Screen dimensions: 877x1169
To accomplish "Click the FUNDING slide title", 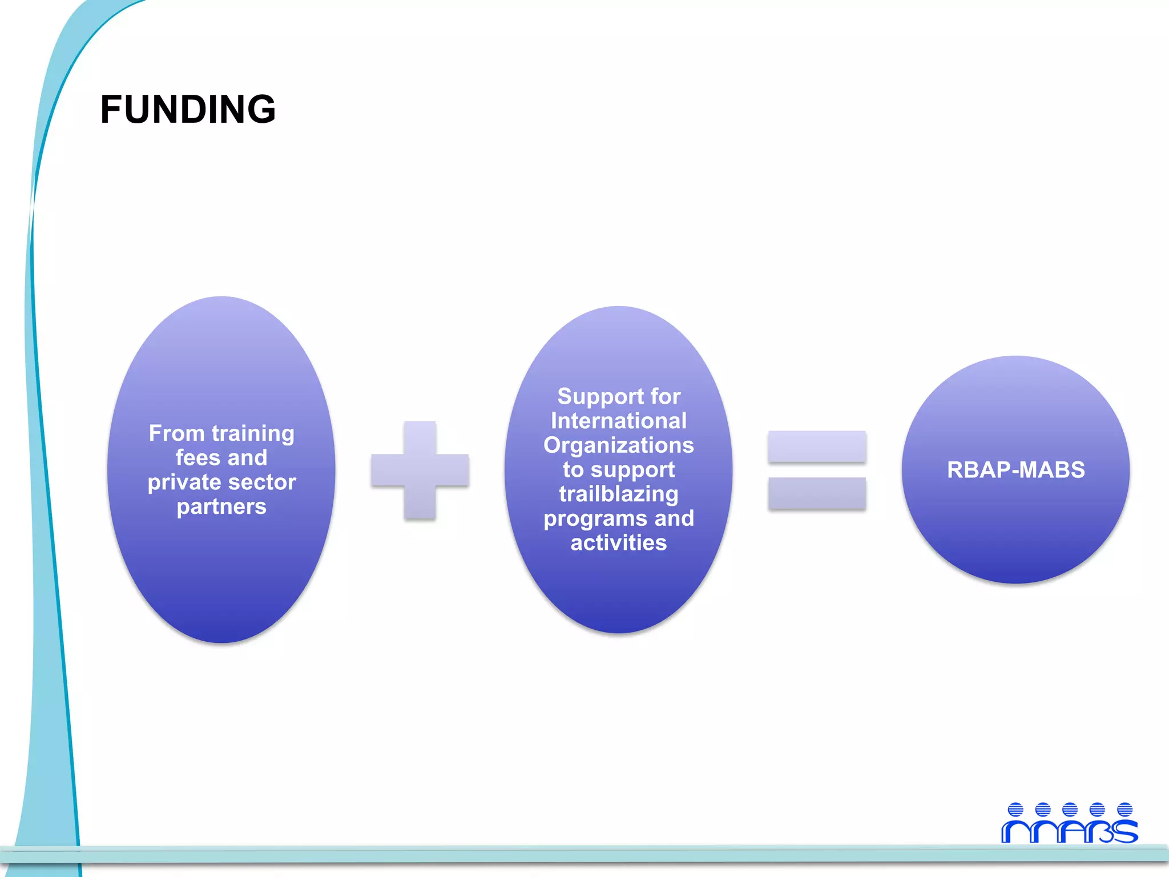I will point(188,109).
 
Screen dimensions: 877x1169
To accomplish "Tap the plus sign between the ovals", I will point(420,470).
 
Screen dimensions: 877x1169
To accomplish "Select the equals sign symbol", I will point(817,470).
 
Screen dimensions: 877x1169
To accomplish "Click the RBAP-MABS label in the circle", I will point(1015,470).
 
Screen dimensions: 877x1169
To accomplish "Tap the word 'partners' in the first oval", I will point(221,506).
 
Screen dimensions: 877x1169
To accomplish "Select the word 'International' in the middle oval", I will point(619,421).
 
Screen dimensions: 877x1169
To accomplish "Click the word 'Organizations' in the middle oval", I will point(619,445).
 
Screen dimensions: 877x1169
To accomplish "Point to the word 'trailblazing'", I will point(619,494).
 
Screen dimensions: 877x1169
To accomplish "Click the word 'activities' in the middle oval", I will point(619,542).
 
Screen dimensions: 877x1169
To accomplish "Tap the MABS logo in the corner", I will point(1070,823).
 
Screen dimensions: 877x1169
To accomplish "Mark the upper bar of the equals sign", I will point(817,446).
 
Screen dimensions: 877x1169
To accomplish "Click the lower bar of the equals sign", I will point(817,493).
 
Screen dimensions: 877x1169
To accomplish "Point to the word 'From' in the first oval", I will point(176,433).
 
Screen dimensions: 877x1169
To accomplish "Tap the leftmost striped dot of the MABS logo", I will point(1015,810).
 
